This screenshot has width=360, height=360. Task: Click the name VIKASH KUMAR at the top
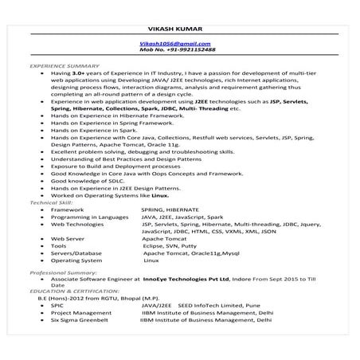(181, 30)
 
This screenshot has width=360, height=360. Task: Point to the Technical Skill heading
(50, 203)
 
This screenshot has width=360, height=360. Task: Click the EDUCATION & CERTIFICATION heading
(69, 292)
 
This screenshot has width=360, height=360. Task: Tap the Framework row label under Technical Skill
(67, 209)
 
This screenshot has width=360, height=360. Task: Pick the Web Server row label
(68, 238)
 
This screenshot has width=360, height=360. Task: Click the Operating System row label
(76, 260)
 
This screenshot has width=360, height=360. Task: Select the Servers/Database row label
(80, 253)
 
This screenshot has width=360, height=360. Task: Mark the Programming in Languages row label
(89, 217)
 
